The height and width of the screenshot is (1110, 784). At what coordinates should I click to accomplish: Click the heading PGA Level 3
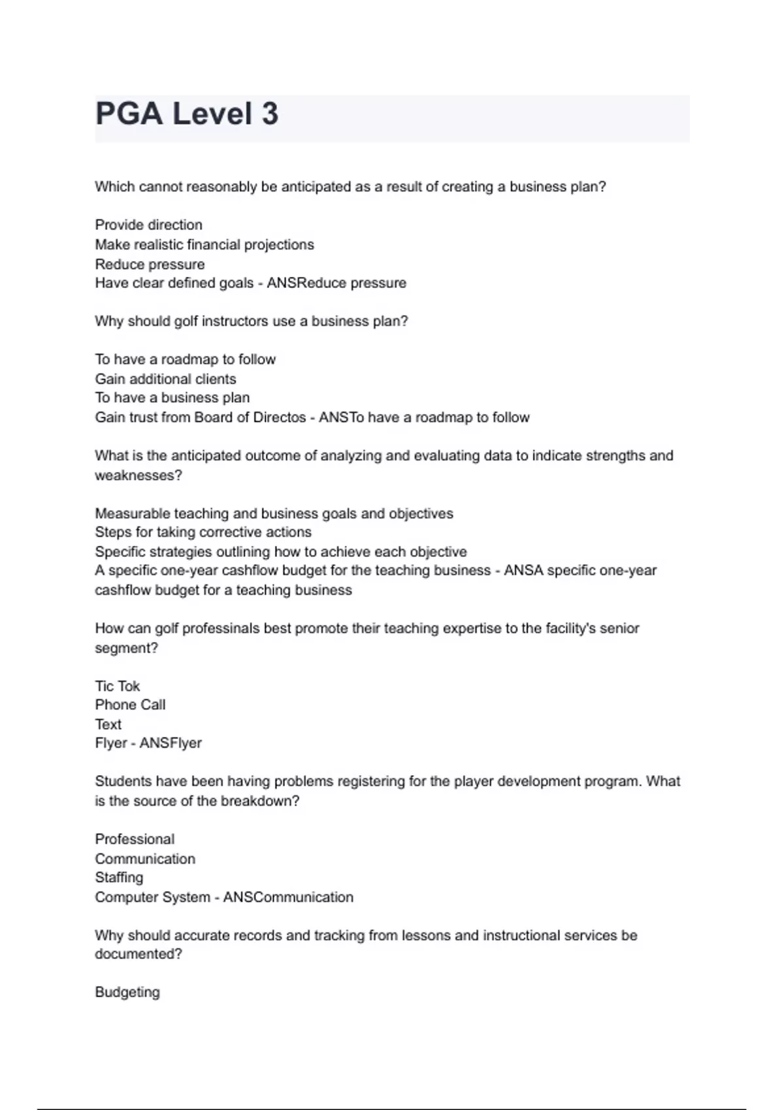pos(187,114)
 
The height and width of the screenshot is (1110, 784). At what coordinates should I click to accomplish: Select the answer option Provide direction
pos(148,225)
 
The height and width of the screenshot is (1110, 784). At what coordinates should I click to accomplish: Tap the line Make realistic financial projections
pos(204,245)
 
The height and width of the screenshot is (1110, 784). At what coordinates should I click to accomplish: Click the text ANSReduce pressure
pos(336,283)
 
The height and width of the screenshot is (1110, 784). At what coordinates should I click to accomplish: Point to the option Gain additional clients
pos(165,379)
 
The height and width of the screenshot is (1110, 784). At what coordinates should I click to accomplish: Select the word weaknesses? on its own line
pos(139,476)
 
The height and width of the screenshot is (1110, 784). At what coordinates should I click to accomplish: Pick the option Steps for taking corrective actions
pos(203,532)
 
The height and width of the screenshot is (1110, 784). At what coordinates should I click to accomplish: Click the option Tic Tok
pos(118,686)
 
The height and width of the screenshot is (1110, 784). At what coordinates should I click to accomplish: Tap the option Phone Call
pos(130,705)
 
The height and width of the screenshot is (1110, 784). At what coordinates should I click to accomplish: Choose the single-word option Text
pos(108,725)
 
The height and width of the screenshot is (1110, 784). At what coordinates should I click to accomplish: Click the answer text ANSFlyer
pos(171,744)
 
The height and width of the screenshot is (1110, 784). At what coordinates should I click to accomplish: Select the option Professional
pos(135,840)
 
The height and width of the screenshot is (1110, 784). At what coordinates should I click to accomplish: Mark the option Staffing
pos(119,878)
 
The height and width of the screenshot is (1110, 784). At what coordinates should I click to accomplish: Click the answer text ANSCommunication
pos(288,898)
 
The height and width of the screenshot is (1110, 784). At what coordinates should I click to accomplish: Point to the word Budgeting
pos(127,992)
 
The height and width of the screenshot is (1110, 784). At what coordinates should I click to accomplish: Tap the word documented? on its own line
pos(139,955)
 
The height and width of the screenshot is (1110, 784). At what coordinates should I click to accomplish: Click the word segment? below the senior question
pos(127,648)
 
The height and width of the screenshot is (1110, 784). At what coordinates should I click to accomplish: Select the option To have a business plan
pos(172,398)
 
